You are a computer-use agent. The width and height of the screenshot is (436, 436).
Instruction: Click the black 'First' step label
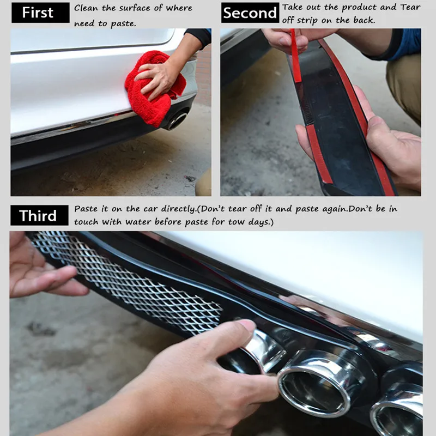[40, 13]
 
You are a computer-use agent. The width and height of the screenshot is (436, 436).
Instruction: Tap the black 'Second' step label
[250, 13]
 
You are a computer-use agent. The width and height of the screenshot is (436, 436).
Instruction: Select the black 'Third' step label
[39, 215]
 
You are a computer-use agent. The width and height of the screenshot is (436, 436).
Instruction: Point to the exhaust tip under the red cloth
[175, 120]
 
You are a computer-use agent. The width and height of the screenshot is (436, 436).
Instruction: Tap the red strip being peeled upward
[295, 56]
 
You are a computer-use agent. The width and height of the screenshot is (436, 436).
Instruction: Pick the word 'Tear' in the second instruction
[410, 7]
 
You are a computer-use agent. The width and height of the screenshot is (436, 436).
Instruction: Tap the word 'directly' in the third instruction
[179, 209]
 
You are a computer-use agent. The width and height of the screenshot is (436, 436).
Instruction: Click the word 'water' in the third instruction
[138, 222]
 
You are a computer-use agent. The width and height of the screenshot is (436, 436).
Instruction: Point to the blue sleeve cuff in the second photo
[404, 45]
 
